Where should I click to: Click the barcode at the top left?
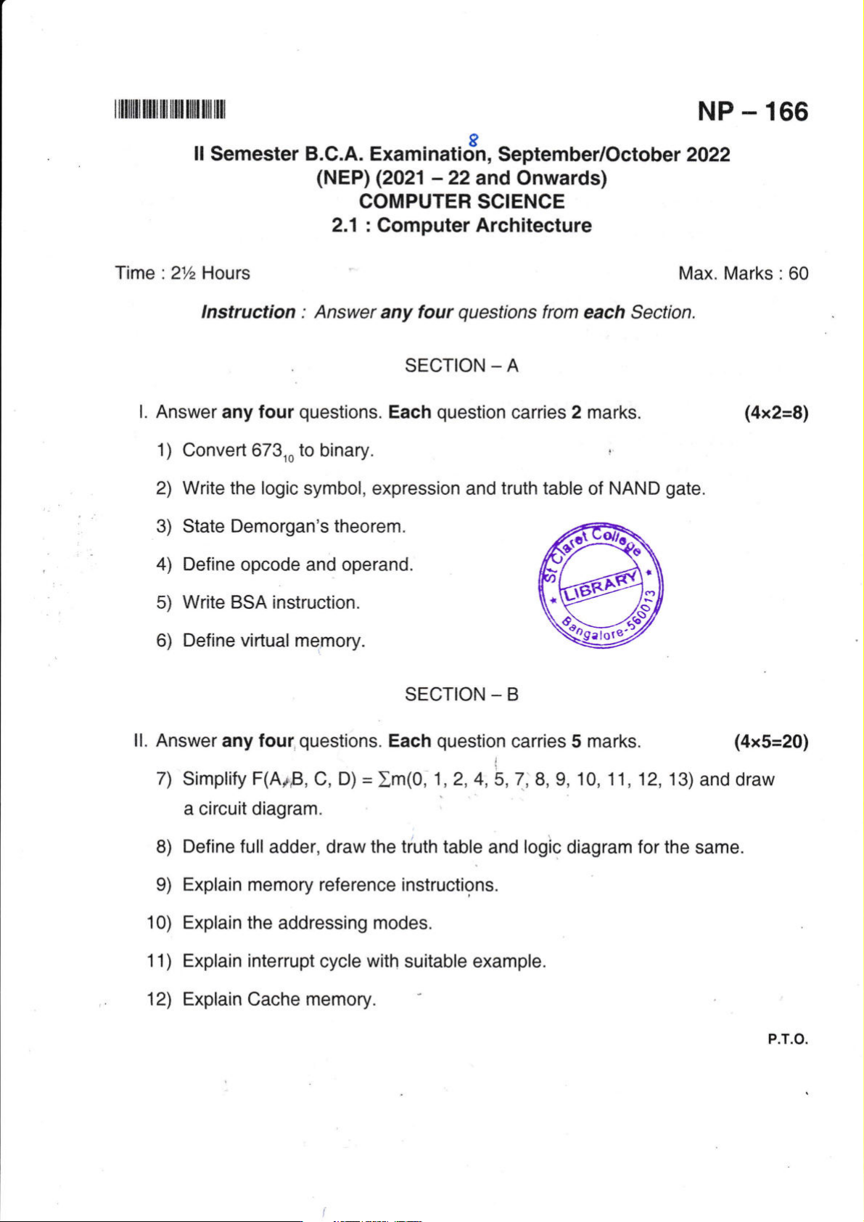pyautogui.click(x=170, y=111)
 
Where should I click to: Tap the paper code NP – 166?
pyautogui.click(x=752, y=112)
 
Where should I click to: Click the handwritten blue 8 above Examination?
pyautogui.click(x=474, y=138)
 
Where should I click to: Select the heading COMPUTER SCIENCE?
pyautogui.click(x=461, y=202)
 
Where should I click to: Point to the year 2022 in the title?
pyautogui.click(x=707, y=155)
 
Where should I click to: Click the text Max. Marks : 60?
pyautogui.click(x=743, y=274)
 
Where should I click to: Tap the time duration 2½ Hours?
pyautogui.click(x=210, y=274)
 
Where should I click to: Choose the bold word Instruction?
pyautogui.click(x=248, y=312)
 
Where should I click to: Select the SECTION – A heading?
pyautogui.click(x=461, y=366)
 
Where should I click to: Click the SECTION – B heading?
pyautogui.click(x=461, y=694)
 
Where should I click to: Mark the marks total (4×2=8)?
pyautogui.click(x=775, y=413)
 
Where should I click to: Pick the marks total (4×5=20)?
pyautogui.click(x=770, y=742)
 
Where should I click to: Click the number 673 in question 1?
pyautogui.click(x=266, y=450)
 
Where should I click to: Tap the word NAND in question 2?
pyautogui.click(x=634, y=488)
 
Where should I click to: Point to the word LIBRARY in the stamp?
pyautogui.click(x=601, y=586)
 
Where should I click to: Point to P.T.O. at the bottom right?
pyautogui.click(x=787, y=1039)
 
